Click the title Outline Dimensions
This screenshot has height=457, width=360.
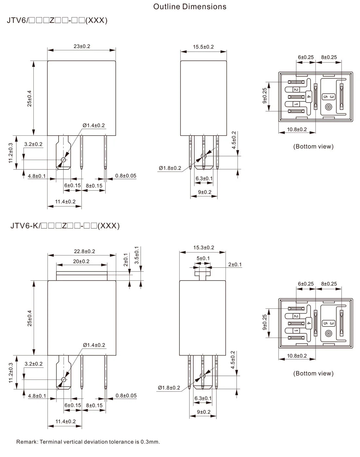190,7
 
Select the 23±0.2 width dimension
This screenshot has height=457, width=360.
82,46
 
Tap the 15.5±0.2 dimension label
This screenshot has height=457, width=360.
203,47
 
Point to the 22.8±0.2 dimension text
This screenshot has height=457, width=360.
84,251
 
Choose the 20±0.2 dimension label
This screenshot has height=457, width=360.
81,261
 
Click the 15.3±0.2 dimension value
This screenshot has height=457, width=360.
204,247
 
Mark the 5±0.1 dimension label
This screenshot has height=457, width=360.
203,258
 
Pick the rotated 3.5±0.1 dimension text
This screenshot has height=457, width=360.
137,255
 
